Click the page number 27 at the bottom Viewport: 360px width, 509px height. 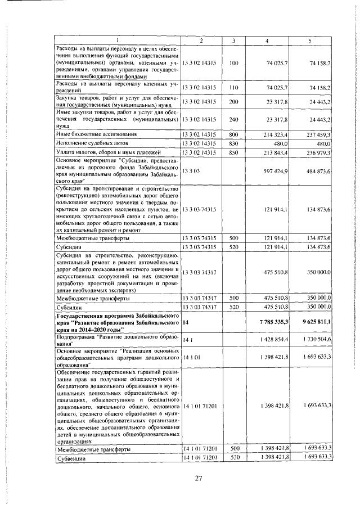(198, 479)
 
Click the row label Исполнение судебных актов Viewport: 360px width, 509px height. (89, 143)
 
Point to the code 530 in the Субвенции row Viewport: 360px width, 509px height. (235, 458)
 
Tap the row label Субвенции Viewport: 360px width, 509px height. (71, 458)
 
